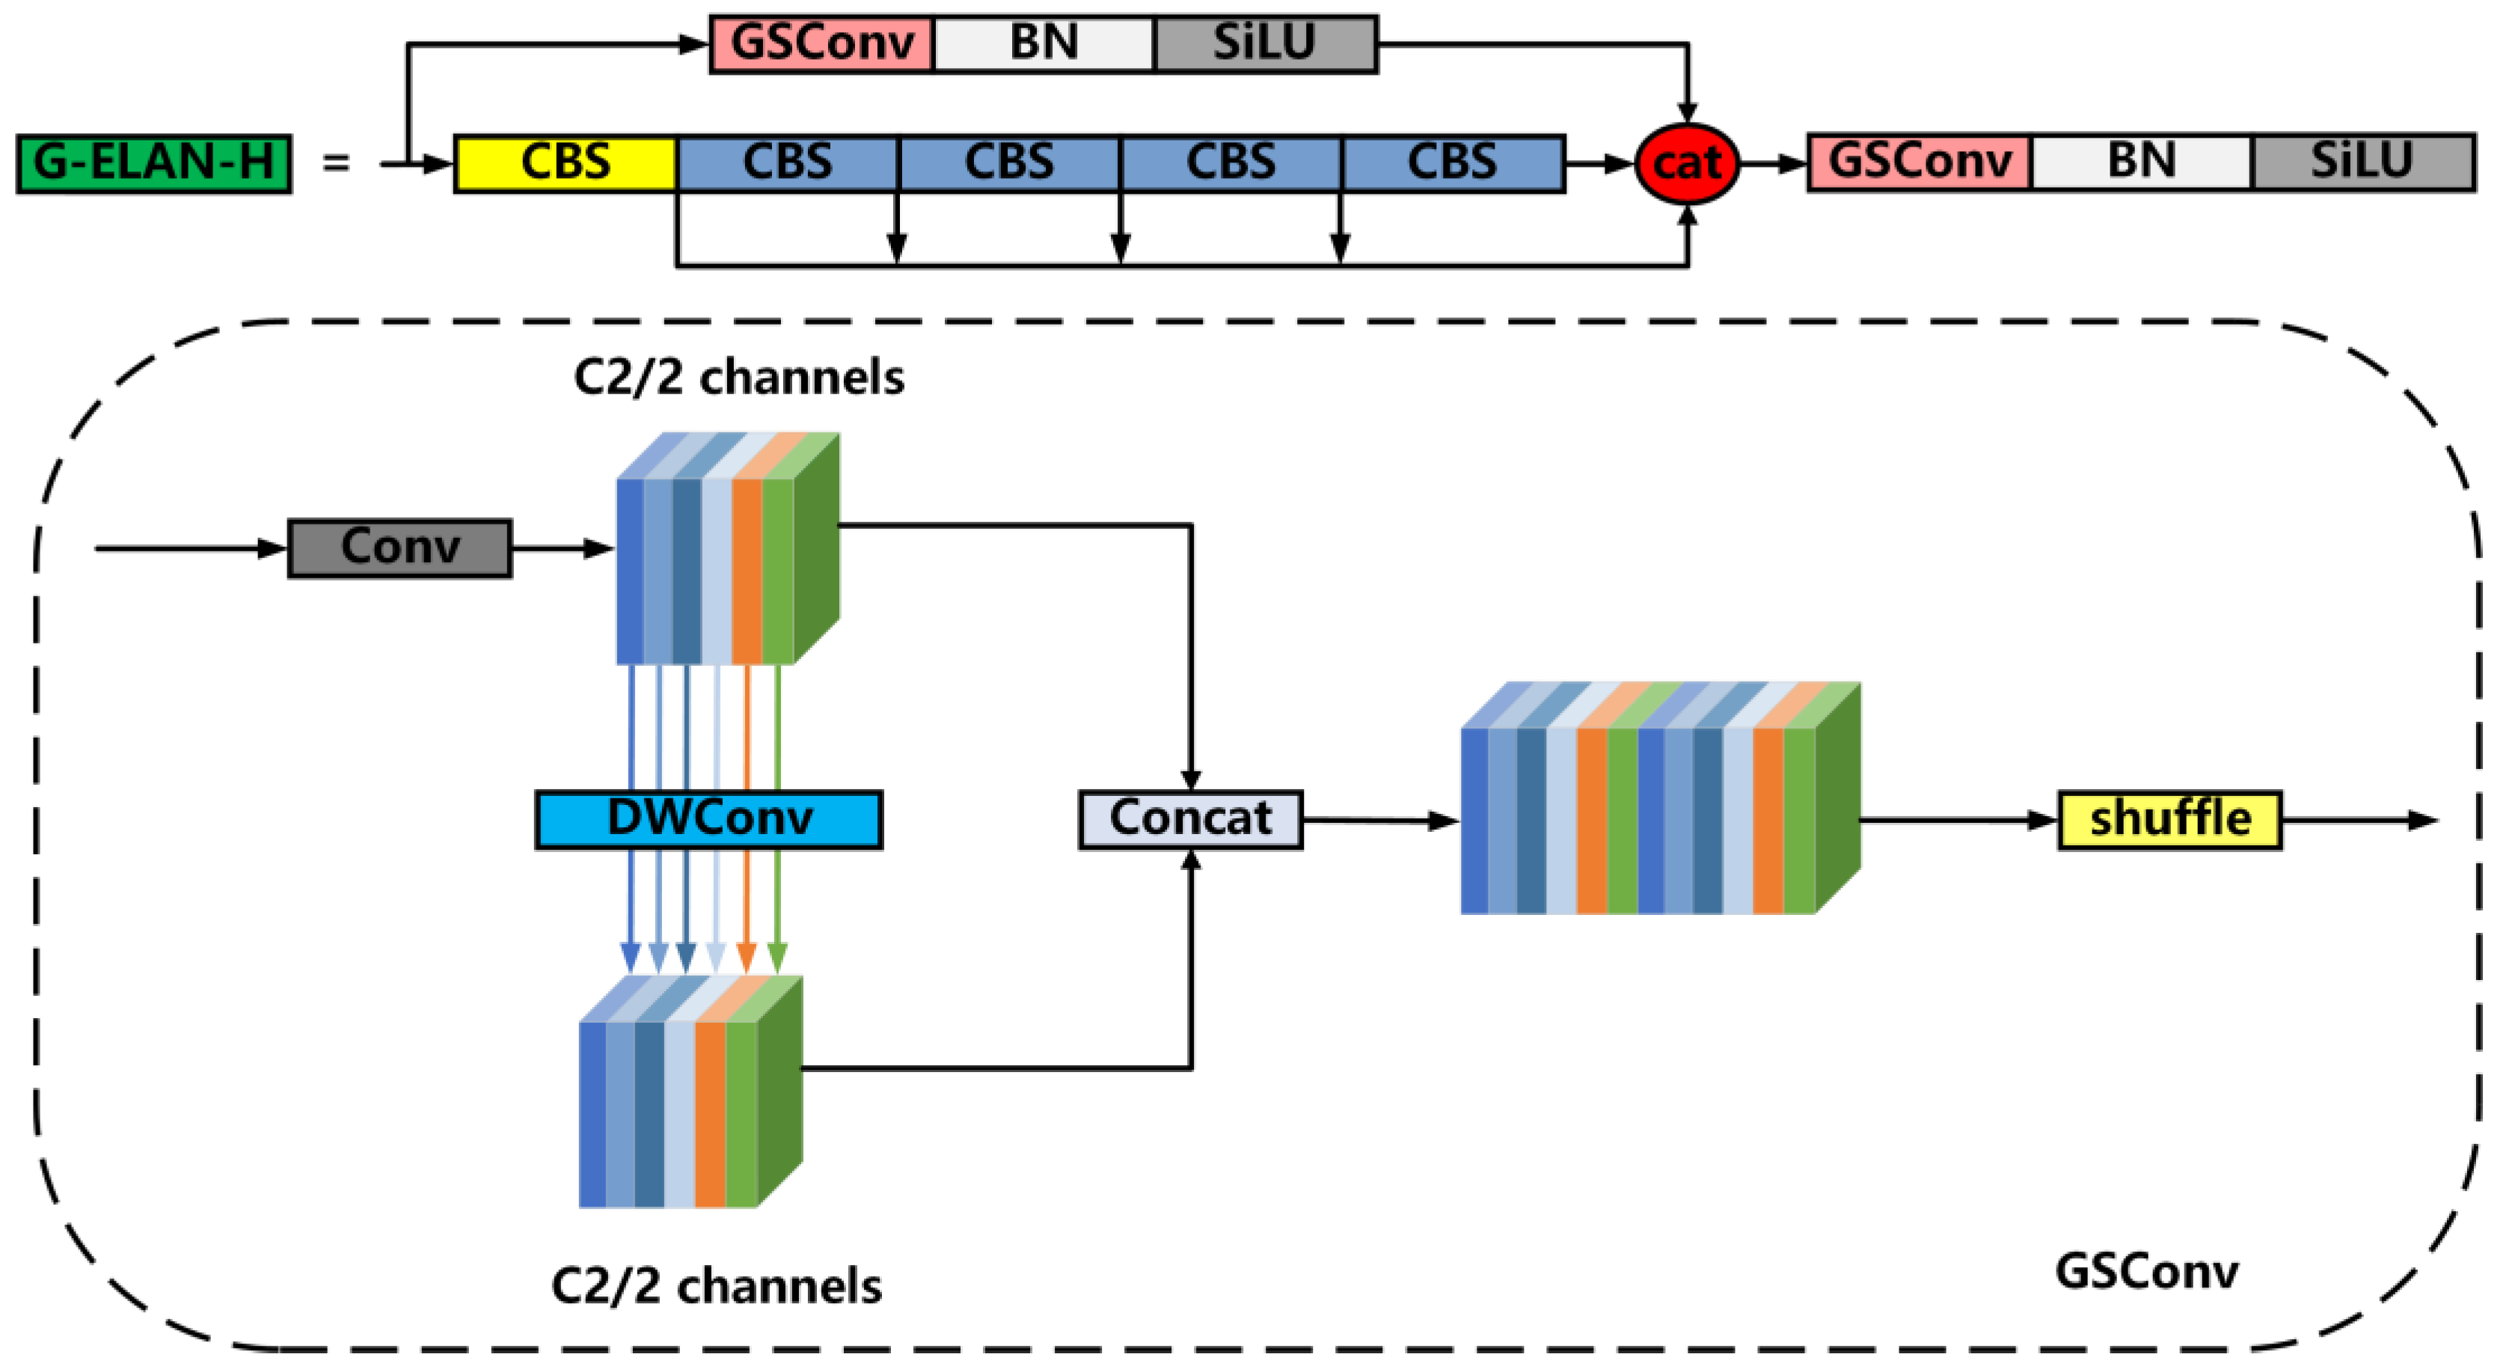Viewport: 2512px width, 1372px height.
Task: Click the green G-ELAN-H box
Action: (153, 163)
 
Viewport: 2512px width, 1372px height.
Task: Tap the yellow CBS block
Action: (566, 163)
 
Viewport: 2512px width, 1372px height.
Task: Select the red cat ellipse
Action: (1686, 163)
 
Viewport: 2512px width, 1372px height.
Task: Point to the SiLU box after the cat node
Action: (2362, 162)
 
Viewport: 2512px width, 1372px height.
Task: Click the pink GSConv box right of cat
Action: (1918, 162)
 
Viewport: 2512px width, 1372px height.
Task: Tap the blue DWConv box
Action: (709, 819)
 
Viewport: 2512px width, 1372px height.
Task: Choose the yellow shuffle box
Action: (2169, 819)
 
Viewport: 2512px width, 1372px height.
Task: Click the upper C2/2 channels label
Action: (738, 377)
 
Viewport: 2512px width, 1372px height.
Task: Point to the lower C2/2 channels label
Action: (716, 1285)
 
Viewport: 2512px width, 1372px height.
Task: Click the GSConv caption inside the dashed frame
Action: (2145, 1270)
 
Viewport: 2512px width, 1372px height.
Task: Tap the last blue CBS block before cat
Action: (1452, 163)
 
